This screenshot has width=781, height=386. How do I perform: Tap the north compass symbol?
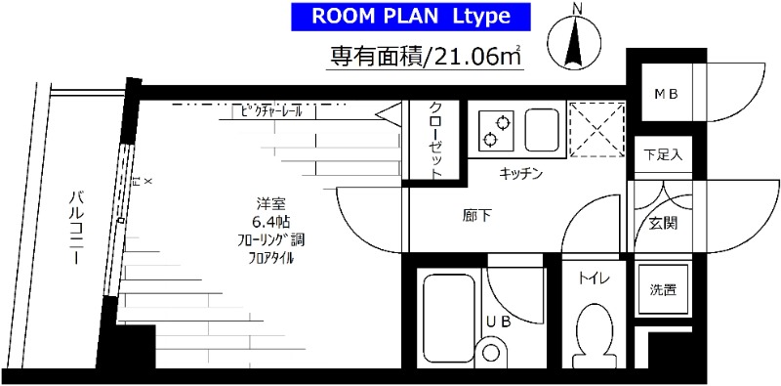575,40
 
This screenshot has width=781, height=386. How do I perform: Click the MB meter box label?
666,94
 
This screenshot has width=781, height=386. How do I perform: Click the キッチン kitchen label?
519,174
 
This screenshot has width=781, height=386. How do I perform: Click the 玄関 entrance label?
664,223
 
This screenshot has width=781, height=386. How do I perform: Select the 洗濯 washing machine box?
664,290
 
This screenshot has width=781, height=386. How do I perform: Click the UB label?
498,320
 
